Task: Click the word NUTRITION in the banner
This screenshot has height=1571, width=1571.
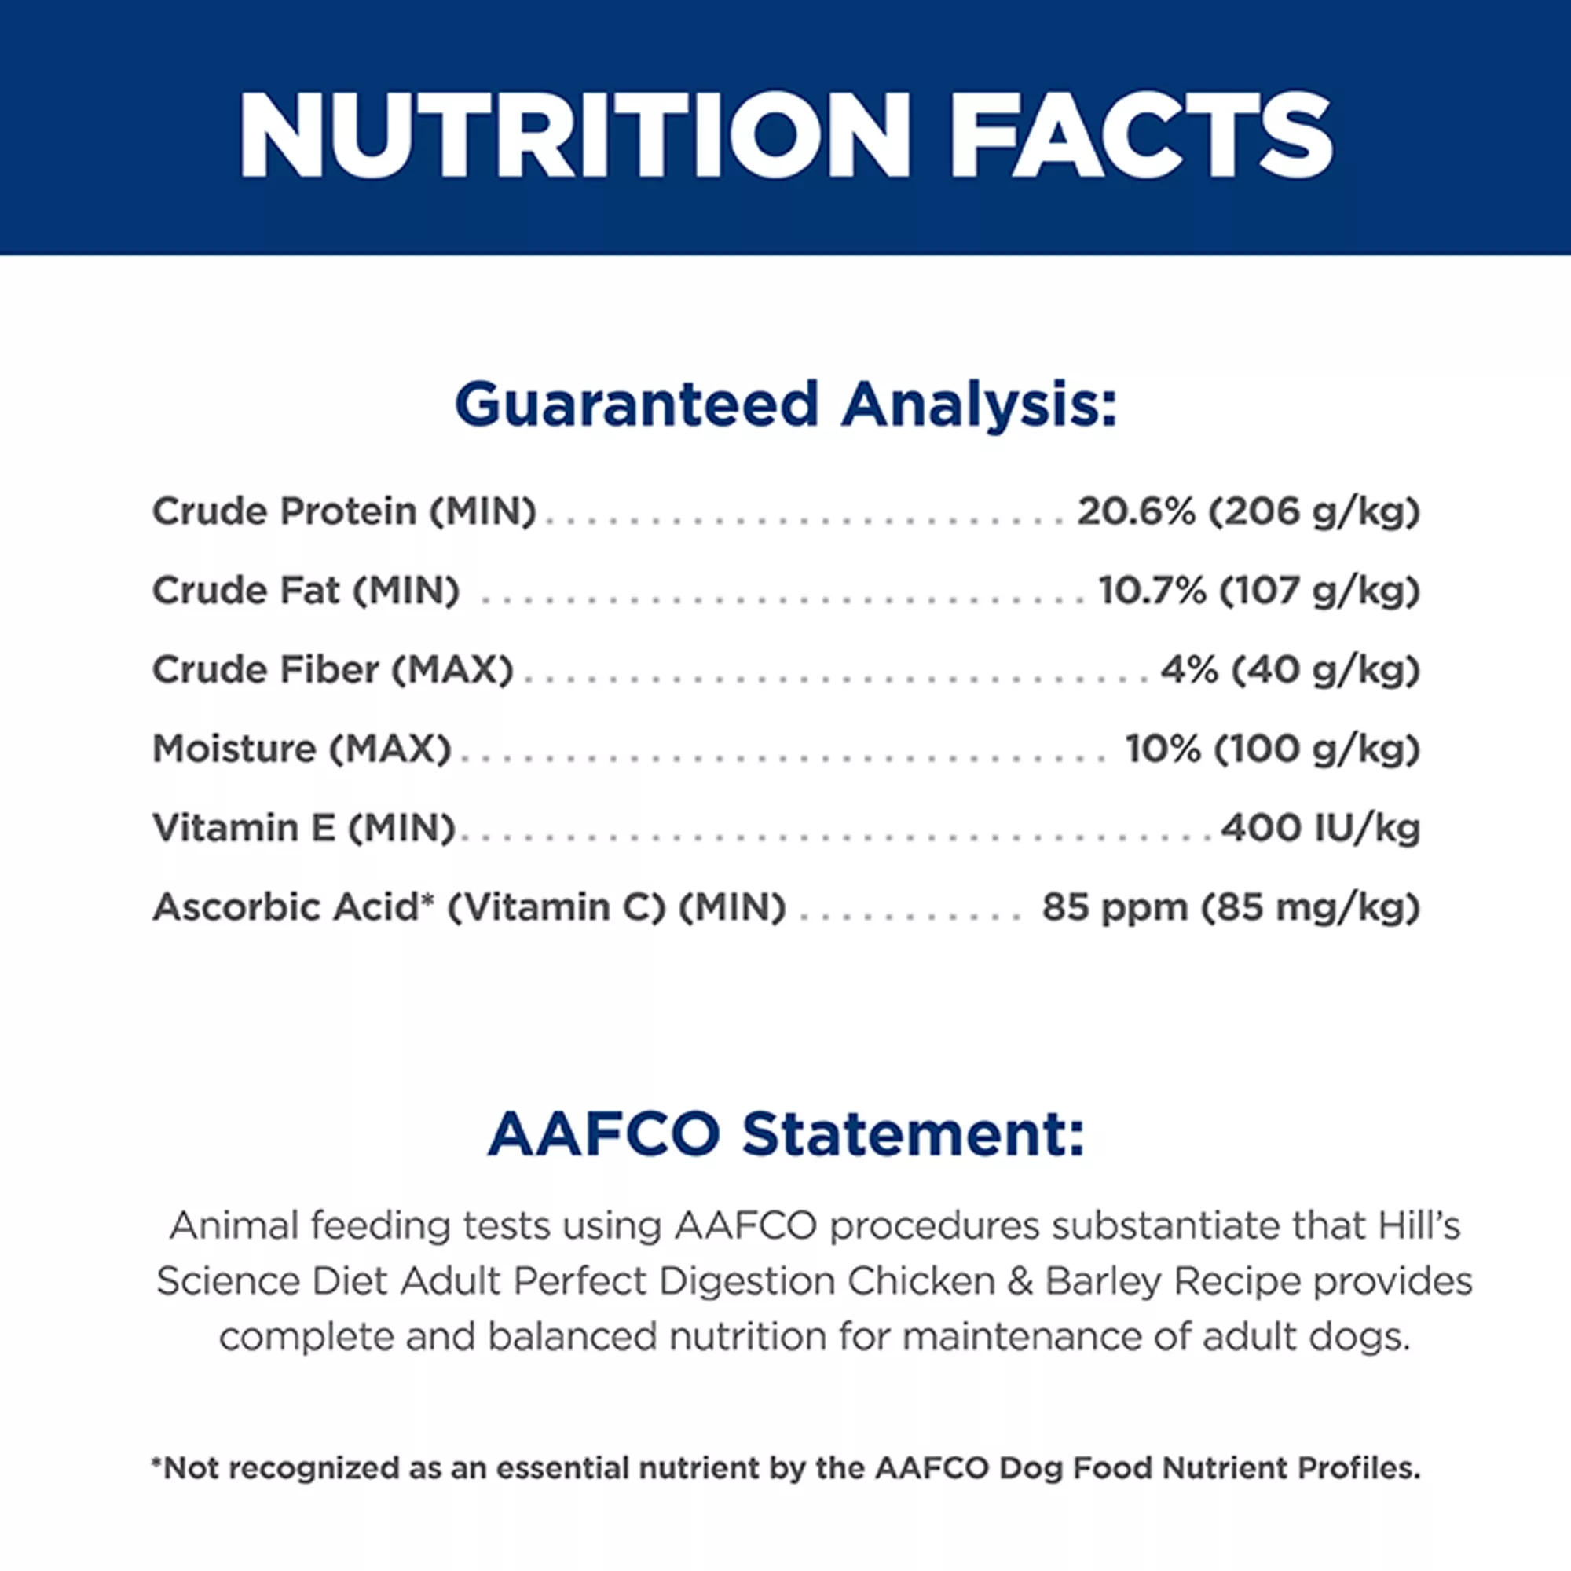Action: point(574,135)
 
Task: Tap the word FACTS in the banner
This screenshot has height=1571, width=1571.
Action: point(1141,135)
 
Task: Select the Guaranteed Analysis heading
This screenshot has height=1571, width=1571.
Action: point(785,404)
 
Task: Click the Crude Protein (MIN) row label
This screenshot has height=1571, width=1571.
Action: point(344,511)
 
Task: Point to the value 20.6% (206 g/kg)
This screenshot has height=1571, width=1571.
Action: point(1248,511)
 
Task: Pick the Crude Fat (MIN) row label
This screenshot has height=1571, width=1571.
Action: point(306,591)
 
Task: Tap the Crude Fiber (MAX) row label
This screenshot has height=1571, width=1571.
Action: point(332,670)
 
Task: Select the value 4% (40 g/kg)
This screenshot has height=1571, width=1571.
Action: point(1290,670)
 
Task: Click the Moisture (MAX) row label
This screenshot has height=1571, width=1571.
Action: point(302,749)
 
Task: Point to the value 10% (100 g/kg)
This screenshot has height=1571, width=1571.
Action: point(1273,749)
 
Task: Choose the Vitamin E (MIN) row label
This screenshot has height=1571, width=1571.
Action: point(303,828)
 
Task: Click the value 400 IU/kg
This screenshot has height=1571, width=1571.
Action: point(1320,828)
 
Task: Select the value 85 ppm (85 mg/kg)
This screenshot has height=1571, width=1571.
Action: point(1231,907)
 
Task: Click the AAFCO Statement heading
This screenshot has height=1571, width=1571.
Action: point(785,1134)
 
